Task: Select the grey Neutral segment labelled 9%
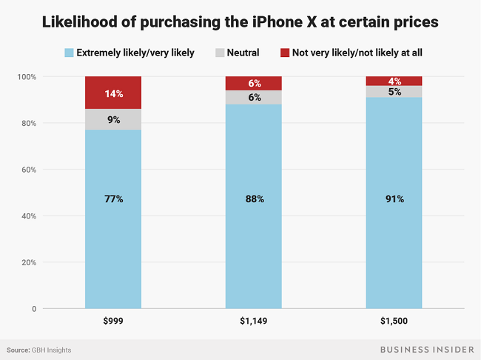pyautogui.click(x=113, y=119)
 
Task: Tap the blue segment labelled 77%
pyautogui.click(x=113, y=219)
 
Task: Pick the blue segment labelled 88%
pyautogui.click(x=253, y=207)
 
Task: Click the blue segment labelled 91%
pyautogui.click(x=394, y=203)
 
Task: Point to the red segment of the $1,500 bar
pyautogui.click(x=394, y=81)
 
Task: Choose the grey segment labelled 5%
pyautogui.click(x=394, y=92)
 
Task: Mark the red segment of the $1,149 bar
pyautogui.click(x=253, y=83)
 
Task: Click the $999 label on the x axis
pyautogui.click(x=113, y=322)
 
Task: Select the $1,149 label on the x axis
pyautogui.click(x=253, y=322)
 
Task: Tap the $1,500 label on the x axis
pyautogui.click(x=394, y=322)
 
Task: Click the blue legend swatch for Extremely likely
pyautogui.click(x=70, y=53)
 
